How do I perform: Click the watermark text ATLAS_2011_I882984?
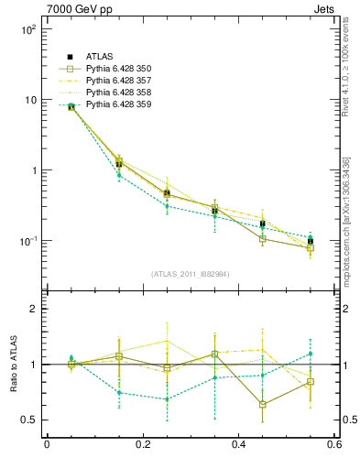click(190, 274)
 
